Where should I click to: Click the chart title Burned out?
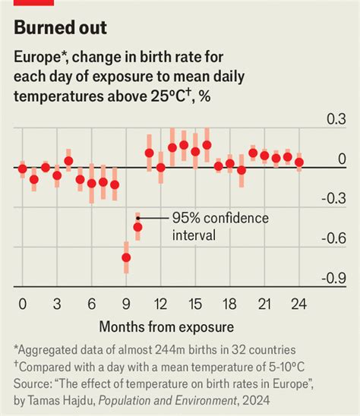pos(60,29)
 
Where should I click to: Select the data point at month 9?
pos(126,258)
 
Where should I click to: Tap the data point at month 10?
pos(137,226)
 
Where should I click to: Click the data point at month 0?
pos(22,169)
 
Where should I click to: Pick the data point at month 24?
pos(299,162)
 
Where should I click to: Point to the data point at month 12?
pos(160,167)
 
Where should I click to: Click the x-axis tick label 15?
pos(195,304)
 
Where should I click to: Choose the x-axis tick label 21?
pos(264,304)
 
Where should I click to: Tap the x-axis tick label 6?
pos(91,304)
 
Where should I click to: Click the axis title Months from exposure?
pos(165,326)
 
